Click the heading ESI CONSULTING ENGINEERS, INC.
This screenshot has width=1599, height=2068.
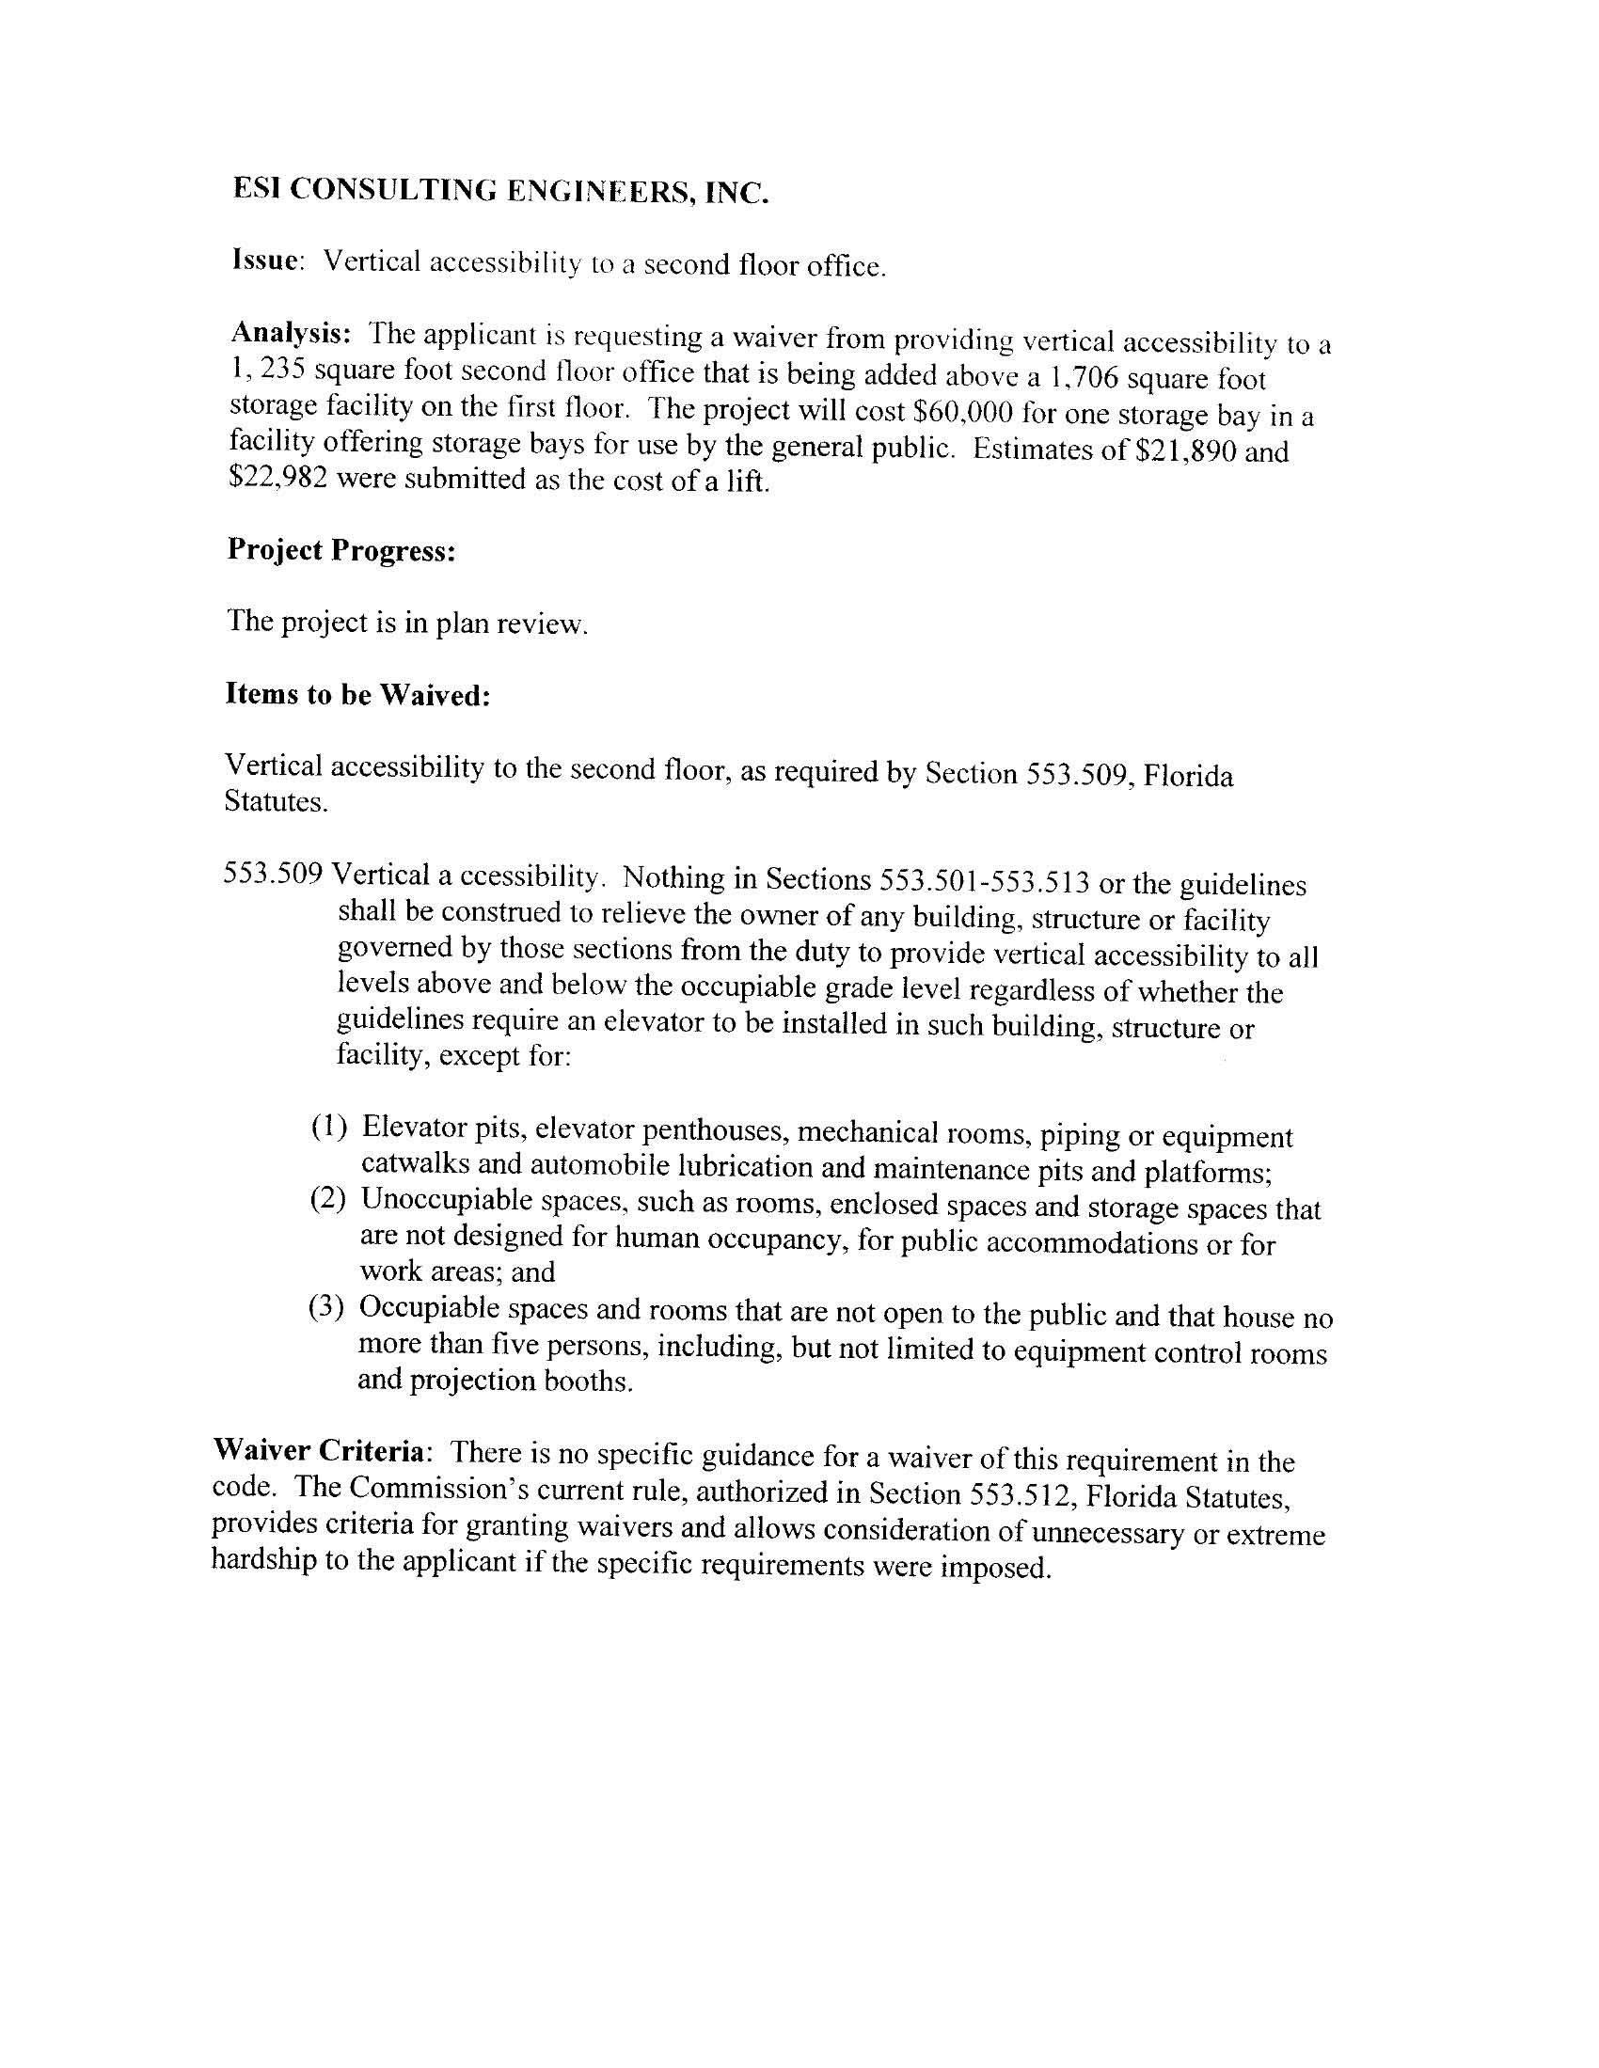(x=500, y=192)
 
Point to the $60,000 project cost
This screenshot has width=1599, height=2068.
(x=960, y=413)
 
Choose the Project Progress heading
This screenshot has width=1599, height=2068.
(x=342, y=550)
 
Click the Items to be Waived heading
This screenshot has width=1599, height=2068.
(x=358, y=695)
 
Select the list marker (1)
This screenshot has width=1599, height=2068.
(x=329, y=1126)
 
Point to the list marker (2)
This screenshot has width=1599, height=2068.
(x=328, y=1200)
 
